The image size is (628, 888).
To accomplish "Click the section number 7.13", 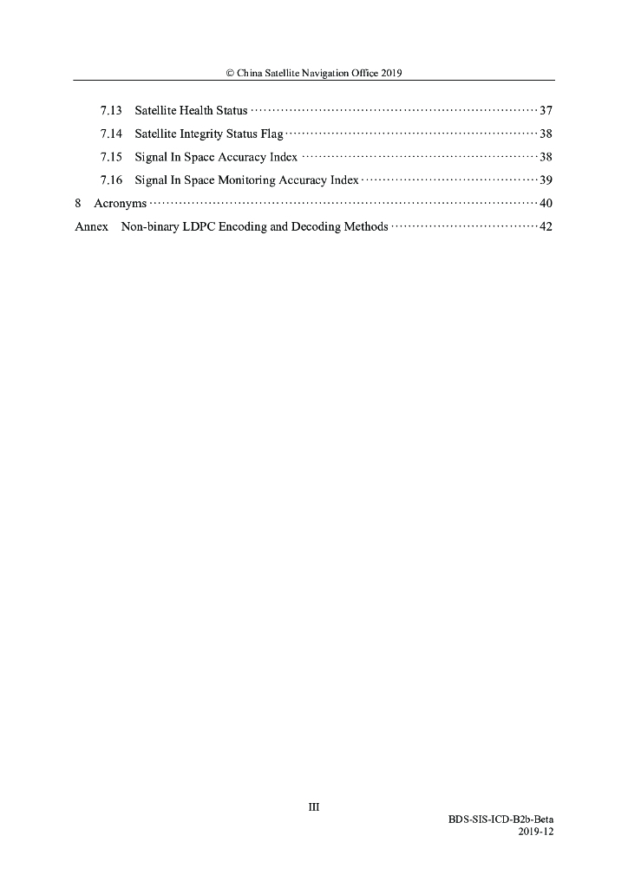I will pos(111,111).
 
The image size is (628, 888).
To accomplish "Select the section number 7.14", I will pos(111,134).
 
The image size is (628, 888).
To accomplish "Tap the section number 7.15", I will pos(111,158).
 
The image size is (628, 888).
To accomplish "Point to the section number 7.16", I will pos(111,180).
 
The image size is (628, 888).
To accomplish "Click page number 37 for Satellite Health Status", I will pos(546,111).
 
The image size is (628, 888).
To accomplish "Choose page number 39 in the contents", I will pos(546,180).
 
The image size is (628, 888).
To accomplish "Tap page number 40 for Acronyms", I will pos(546,204).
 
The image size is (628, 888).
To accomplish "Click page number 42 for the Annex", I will pos(546,227).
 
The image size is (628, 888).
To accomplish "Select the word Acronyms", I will pos(120,204).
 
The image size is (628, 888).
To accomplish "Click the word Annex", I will pos(91,227).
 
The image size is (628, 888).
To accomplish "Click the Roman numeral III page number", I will pos(314,806).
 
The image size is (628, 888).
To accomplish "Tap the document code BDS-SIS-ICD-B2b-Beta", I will pos(500,819).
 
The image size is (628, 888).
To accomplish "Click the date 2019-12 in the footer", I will pos(535,831).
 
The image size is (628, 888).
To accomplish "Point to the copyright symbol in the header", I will pos(230,74).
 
